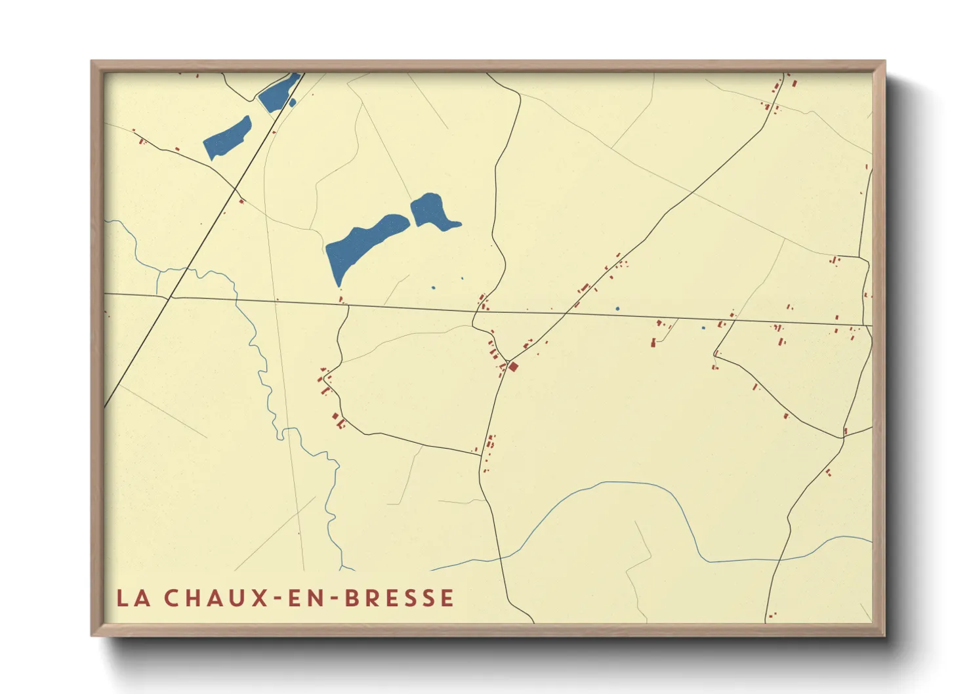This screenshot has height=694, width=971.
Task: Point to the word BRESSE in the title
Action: (x=400, y=598)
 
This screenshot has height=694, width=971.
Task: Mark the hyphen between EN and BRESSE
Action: (x=336, y=599)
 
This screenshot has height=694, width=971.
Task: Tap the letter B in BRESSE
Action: (x=352, y=598)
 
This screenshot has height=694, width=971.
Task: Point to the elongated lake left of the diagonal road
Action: (x=227, y=138)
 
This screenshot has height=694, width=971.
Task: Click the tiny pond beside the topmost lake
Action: (x=293, y=102)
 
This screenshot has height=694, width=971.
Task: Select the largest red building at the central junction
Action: (x=514, y=367)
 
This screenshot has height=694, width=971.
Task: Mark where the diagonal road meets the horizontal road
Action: (x=171, y=297)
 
